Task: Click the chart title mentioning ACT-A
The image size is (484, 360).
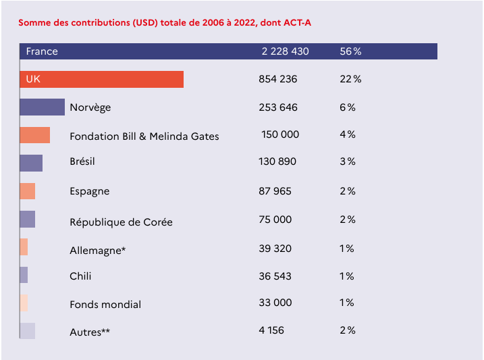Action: click(x=165, y=23)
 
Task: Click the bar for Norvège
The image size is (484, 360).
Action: click(x=42, y=107)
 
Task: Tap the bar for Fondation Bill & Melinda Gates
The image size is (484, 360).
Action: click(x=34, y=135)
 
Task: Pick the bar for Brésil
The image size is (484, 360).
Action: click(x=31, y=163)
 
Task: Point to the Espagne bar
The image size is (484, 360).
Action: click(x=27, y=191)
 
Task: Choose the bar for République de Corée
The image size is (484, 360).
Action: click(x=27, y=220)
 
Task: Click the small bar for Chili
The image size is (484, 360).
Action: click(x=24, y=275)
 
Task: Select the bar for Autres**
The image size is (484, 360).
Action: click(x=27, y=331)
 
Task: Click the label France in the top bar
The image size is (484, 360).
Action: click(x=42, y=51)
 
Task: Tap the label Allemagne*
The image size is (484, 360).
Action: click(x=98, y=251)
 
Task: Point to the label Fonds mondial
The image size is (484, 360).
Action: click(x=105, y=305)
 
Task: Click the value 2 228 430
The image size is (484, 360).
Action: click(x=286, y=51)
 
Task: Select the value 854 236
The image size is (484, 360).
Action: click(x=278, y=79)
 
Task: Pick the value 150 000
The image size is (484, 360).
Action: click(x=280, y=134)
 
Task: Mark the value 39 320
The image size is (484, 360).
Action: click(x=275, y=249)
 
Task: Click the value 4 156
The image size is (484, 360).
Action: click(x=271, y=330)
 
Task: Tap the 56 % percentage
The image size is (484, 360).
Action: click(x=351, y=51)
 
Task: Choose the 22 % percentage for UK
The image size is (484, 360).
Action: click(x=351, y=79)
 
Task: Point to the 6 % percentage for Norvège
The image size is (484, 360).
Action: click(x=348, y=107)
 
